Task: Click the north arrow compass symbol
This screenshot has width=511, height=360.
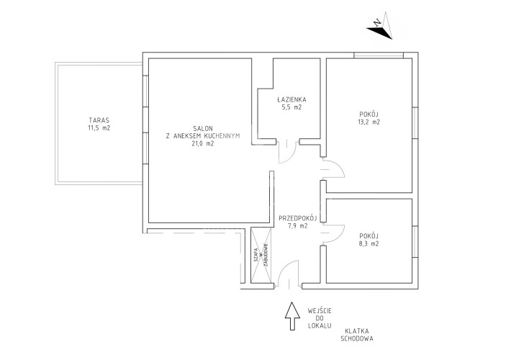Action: pos(381,27)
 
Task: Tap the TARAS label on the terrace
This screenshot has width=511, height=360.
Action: pos(99,120)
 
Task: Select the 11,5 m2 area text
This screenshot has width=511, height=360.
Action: pos(99,128)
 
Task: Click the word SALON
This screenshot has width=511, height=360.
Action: pos(203,128)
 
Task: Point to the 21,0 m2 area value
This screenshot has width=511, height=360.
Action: pos(203,143)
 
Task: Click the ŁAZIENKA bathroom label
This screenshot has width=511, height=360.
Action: pos(291,99)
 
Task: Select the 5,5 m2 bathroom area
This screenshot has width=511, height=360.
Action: pos(291,107)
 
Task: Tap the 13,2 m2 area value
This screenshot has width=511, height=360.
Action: pos(369,122)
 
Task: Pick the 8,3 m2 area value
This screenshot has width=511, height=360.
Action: pos(369,243)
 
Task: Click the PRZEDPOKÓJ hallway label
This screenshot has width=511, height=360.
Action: pos(298,218)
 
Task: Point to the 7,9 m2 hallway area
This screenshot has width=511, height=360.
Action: pos(297,225)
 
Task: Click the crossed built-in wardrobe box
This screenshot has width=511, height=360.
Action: pos(261,256)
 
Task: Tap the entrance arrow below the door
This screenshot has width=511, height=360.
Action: pos(292,316)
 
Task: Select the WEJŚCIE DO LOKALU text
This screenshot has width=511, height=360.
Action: pos(320,318)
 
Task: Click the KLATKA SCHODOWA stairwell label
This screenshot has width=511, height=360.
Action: pos(357,335)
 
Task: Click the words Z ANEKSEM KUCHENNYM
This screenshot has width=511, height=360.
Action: pos(203,136)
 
